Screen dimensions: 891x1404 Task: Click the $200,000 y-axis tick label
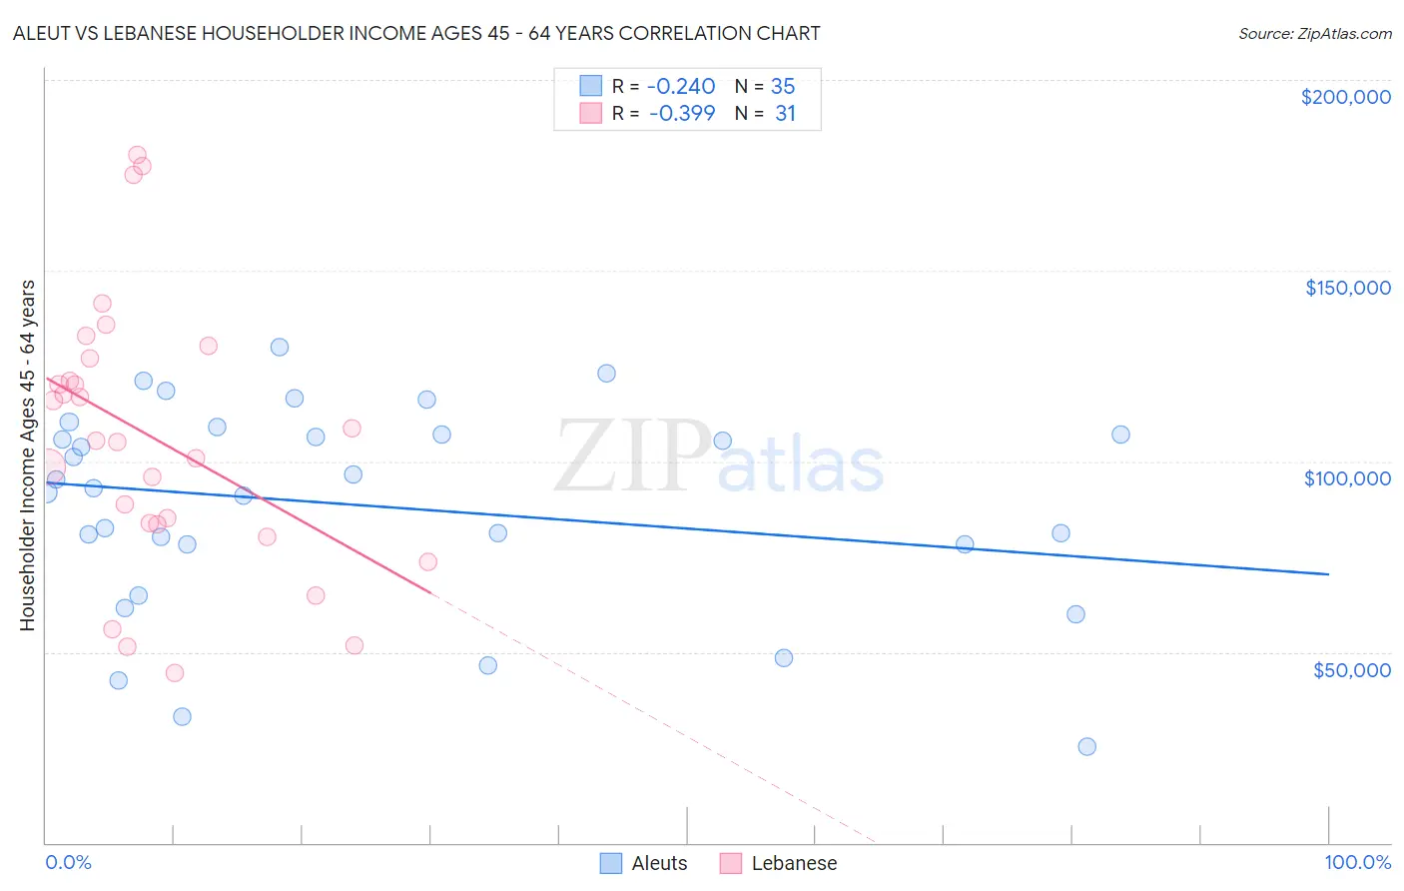pyautogui.click(x=1345, y=97)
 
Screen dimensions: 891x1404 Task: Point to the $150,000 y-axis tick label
pyautogui.click(x=1347, y=288)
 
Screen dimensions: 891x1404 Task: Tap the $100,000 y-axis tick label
pyautogui.click(x=1347, y=478)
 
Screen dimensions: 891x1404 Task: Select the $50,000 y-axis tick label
pyautogui.click(x=1351, y=670)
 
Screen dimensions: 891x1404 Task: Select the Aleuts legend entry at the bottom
pyautogui.click(x=658, y=864)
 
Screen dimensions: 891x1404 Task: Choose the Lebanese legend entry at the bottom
pyautogui.click(x=793, y=864)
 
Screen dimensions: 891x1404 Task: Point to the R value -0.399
pyautogui.click(x=682, y=114)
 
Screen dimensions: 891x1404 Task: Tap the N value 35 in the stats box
pyautogui.click(x=783, y=87)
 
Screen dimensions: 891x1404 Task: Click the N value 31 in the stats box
pyautogui.click(x=785, y=114)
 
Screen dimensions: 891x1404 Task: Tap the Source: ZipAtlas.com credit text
pyautogui.click(x=1314, y=34)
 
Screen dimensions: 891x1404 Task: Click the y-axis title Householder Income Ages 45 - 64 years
pyautogui.click(x=27, y=455)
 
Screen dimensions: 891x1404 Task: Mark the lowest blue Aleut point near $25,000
pyautogui.click(x=1086, y=747)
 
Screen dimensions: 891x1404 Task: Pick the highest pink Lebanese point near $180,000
pyautogui.click(x=137, y=156)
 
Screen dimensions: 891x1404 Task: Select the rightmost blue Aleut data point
pyautogui.click(x=1120, y=435)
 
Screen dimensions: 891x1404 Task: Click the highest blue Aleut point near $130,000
pyautogui.click(x=280, y=348)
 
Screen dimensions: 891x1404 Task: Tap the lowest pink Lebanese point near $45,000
pyautogui.click(x=175, y=673)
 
